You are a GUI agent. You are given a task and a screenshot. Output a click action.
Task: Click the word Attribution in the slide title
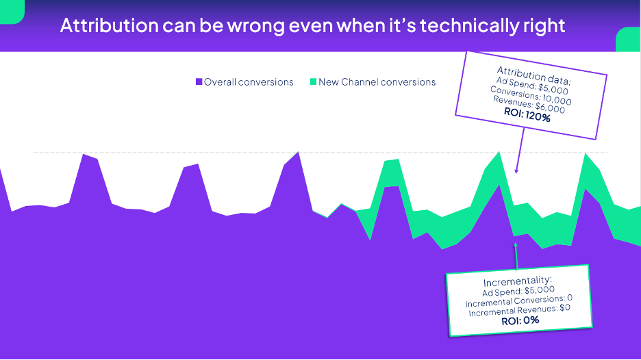coord(109,25)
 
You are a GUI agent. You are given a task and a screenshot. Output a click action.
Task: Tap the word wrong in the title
coord(255,26)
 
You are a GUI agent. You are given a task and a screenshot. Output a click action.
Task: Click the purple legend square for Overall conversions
coord(199,81)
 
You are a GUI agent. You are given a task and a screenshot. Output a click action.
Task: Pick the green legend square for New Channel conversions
coord(313,81)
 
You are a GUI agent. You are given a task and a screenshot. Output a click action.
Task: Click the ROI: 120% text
coord(527,115)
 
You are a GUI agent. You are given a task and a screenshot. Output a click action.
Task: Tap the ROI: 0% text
coord(520,320)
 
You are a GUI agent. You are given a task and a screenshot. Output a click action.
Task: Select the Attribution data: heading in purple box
coord(534,75)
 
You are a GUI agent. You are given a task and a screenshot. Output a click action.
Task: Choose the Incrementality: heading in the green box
coord(518,281)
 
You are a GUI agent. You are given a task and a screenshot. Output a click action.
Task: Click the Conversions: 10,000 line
coord(531,96)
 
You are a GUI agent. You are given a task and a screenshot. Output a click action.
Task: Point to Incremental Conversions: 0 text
coord(519,301)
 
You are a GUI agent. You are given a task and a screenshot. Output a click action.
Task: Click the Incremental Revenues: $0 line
coord(520,311)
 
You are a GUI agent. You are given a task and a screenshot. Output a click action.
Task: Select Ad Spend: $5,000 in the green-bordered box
coord(518,292)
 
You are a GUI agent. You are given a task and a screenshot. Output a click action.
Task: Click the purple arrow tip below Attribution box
coord(516,173)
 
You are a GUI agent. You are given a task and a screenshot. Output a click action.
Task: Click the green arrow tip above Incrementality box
coord(516,243)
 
